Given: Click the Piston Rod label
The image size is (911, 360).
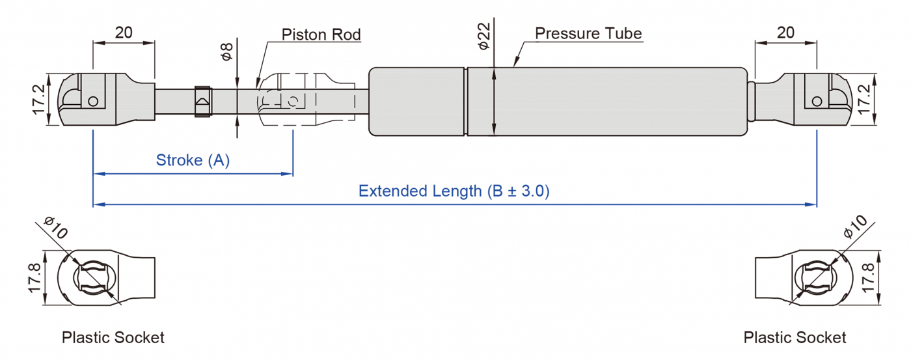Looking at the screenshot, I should [321, 35].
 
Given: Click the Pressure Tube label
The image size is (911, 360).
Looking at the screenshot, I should [588, 33].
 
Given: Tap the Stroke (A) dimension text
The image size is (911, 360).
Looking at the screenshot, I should [193, 160].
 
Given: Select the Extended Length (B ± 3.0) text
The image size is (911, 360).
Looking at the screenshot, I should [454, 191].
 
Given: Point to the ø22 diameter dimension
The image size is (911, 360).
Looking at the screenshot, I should [483, 36].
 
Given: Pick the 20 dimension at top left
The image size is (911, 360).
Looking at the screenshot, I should [124, 33].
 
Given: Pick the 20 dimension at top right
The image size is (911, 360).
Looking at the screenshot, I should [785, 33].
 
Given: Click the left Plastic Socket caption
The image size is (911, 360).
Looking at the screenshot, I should [113, 337].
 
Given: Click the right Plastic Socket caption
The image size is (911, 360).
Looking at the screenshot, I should [795, 337].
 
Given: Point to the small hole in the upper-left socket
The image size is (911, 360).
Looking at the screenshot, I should [94, 101].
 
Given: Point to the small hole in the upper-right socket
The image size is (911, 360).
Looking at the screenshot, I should [816, 101].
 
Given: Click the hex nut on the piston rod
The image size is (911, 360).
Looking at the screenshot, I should [202, 102].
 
